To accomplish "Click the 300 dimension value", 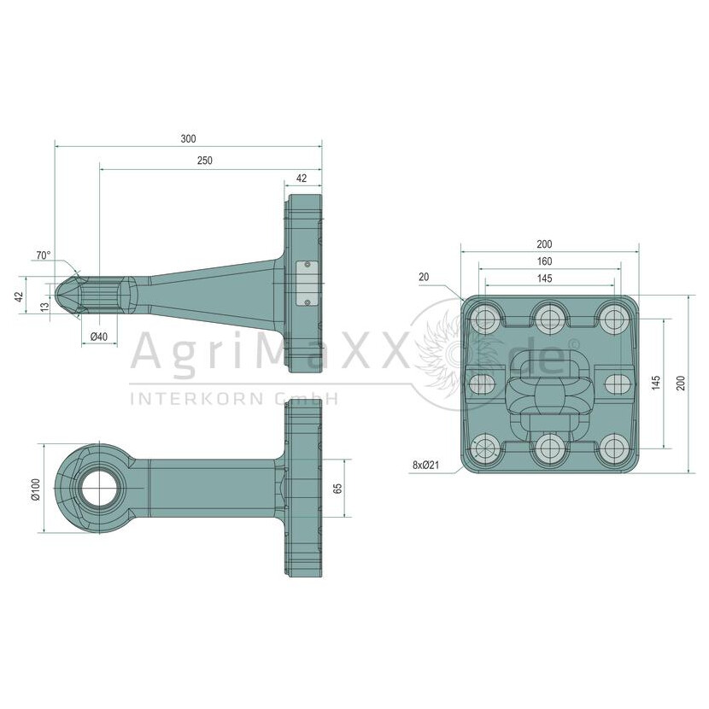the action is point(188,139).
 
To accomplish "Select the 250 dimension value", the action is point(204,161).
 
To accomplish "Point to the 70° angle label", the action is point(44,255).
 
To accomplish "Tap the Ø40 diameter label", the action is point(99,337).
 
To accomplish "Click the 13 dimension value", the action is point(44,307).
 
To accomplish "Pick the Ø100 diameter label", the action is point(36,489).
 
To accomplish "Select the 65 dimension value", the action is point(337,489).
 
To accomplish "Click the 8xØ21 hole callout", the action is point(425,465).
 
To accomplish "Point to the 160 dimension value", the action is point(544,261).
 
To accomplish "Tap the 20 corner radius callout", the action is point(424,277).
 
